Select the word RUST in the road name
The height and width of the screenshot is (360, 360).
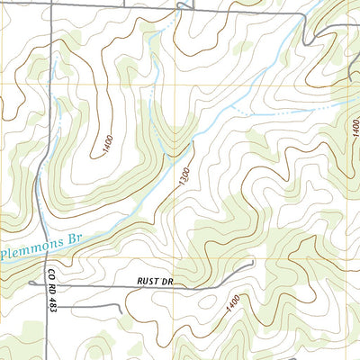[148, 281]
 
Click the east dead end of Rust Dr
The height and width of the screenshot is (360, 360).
[254, 263]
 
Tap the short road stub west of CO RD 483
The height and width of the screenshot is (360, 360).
[29, 285]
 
